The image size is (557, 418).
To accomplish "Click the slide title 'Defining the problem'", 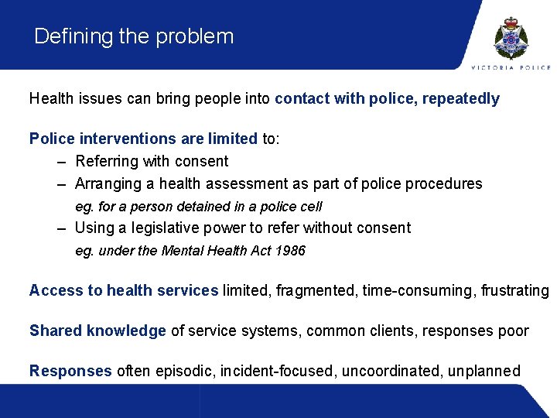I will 134,36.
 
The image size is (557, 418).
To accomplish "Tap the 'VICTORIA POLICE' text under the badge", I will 511,67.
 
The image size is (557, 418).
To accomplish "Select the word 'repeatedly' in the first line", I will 461,99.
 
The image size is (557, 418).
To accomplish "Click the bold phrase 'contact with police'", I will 345,99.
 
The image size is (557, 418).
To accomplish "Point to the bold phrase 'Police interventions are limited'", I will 143,139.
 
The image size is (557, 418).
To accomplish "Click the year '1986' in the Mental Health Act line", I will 290,251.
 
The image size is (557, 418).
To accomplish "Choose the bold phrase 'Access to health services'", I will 124,291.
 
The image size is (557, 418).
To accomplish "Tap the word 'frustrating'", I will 514,291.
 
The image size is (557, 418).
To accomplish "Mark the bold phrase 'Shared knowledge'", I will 97,331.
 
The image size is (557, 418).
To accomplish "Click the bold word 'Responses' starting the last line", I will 70,372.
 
